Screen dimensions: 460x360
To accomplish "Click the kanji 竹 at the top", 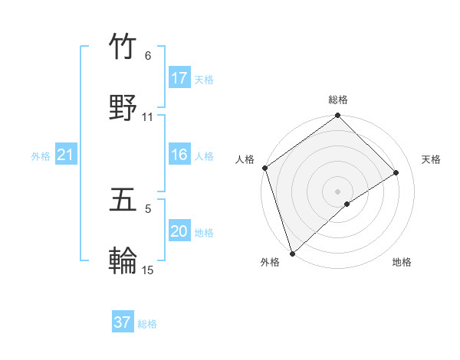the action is pos(123,47).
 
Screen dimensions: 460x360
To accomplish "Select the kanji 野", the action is pos(123,108).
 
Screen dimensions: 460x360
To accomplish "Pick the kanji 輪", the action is pos(123,260).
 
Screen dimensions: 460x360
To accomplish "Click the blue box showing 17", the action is pos(179,78).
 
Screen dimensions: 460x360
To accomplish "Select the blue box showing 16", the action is pos(179,155).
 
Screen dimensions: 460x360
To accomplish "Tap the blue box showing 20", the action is pos(179,231).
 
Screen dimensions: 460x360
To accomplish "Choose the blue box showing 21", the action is pos(66,155).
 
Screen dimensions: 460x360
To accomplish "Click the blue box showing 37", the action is pos(123,322).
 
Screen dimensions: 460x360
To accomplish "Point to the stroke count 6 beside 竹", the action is pos(148,56).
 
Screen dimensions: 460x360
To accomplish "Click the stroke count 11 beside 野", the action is pos(148,117).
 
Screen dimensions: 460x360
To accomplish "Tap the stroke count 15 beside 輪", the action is pos(148,270).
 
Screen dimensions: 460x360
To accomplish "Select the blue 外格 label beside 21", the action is pos(41,156).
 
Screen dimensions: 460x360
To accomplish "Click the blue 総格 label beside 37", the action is pos(147,324).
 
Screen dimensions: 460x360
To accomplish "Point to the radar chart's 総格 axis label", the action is pos(338,100).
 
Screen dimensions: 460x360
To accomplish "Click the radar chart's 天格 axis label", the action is pos(432,159).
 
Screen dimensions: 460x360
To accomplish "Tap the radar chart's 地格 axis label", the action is pos(402,263).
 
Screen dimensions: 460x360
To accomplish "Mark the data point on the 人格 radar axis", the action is pos(264,168).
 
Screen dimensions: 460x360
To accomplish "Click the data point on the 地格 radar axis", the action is pos(347,204).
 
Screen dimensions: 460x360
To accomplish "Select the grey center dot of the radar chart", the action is pos(337,191).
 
